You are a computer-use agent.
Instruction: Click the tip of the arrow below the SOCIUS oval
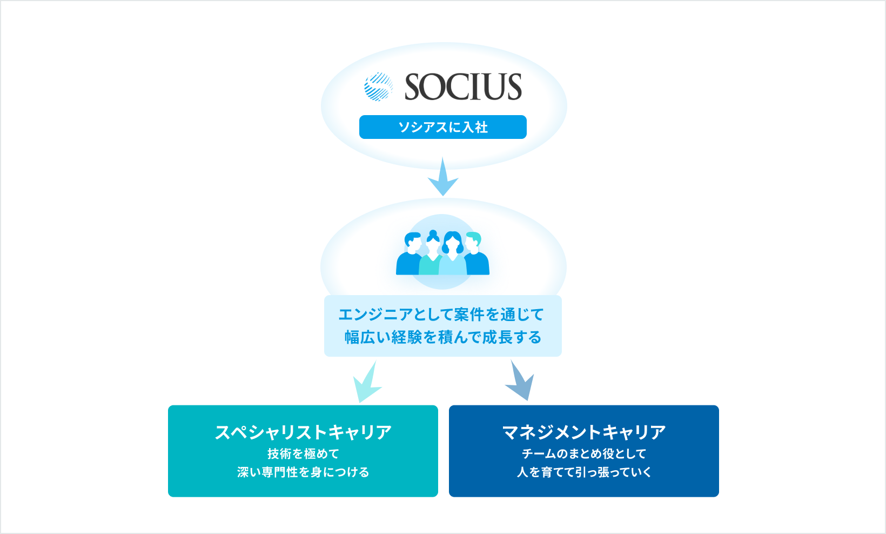443,196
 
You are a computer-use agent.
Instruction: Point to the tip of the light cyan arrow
359,403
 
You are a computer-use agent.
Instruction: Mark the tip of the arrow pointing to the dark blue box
528,401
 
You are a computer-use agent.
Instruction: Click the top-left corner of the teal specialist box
169,406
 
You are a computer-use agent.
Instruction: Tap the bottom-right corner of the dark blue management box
719,496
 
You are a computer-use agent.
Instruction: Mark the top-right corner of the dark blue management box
719,406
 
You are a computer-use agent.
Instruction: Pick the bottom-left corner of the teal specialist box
169,496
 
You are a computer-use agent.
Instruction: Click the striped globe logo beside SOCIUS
378,86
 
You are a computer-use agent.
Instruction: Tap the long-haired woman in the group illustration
453,254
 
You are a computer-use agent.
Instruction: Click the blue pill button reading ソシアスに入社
443,127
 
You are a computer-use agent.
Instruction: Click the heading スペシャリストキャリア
303,432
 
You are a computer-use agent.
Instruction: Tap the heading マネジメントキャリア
584,432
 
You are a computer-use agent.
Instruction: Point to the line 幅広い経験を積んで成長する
443,337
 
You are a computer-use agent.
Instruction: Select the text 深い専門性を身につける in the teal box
303,472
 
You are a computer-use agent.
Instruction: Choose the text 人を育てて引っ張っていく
584,472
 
